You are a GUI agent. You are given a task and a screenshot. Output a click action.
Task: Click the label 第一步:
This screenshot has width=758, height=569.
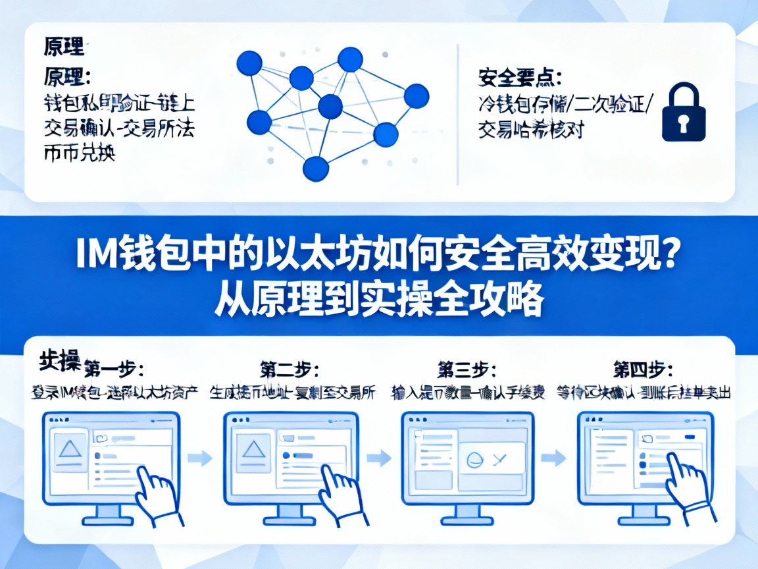113,367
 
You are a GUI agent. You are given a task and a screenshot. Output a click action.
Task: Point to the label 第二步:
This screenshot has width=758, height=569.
290,367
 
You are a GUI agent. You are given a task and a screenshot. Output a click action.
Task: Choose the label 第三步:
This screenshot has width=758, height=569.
467,367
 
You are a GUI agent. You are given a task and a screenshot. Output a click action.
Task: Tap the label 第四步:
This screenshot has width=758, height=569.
643,367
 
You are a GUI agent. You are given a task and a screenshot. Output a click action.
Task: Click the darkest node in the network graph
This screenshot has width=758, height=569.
330,106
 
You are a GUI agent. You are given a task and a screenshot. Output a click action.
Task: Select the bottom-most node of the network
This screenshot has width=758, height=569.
315,169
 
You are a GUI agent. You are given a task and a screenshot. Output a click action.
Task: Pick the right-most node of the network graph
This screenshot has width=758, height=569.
416,97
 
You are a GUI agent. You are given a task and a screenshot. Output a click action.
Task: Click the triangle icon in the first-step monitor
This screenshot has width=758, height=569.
68,449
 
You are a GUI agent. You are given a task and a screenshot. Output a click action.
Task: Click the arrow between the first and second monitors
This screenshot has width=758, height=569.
201,457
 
